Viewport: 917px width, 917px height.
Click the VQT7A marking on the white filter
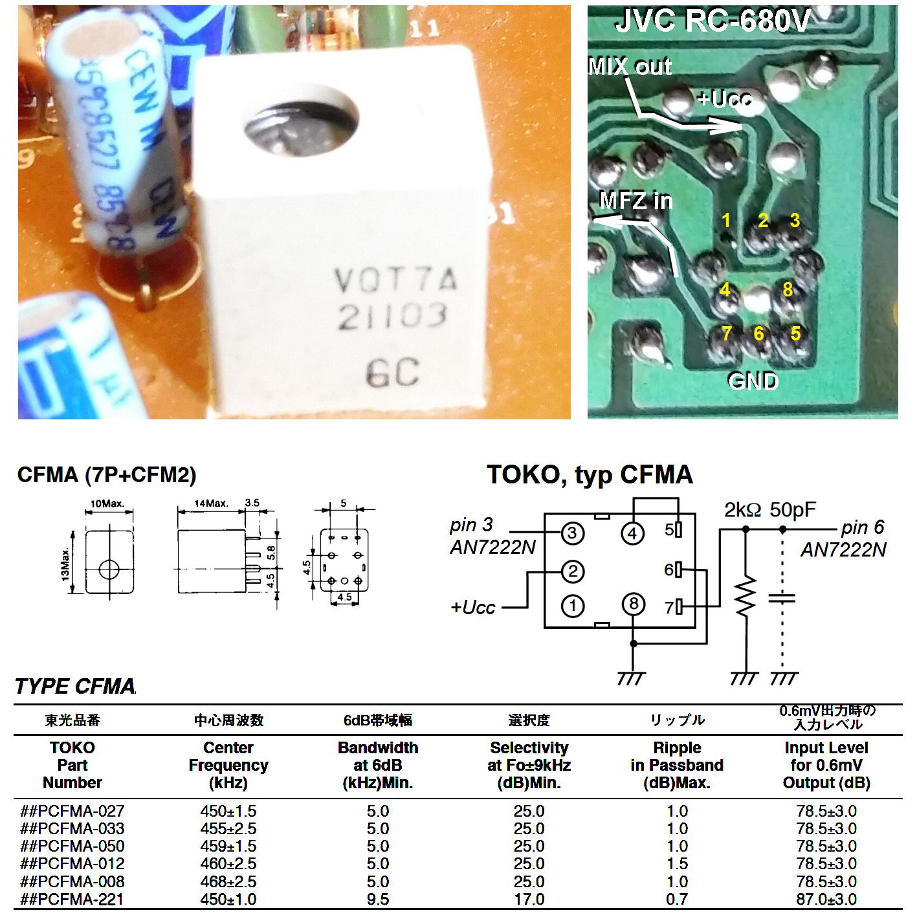click(x=395, y=280)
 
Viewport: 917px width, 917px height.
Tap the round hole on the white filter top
click(x=302, y=129)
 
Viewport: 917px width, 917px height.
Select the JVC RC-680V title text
click(x=712, y=22)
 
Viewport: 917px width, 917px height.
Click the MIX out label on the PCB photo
click(x=630, y=67)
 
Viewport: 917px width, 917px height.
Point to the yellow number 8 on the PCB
click(x=788, y=289)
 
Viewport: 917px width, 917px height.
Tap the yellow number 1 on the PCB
click(x=726, y=221)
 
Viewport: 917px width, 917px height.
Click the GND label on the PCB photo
click(x=753, y=381)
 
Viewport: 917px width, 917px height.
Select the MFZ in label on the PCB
click(x=636, y=201)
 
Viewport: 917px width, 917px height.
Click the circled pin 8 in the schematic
click(x=634, y=604)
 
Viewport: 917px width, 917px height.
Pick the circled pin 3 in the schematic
click(x=572, y=533)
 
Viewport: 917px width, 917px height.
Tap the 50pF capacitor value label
click(x=793, y=511)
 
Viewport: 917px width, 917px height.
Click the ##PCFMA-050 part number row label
click(x=72, y=846)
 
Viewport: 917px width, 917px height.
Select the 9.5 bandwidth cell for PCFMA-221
click(x=377, y=900)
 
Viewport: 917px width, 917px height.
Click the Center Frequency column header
click(x=228, y=765)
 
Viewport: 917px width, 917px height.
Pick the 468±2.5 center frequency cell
click(x=228, y=882)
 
